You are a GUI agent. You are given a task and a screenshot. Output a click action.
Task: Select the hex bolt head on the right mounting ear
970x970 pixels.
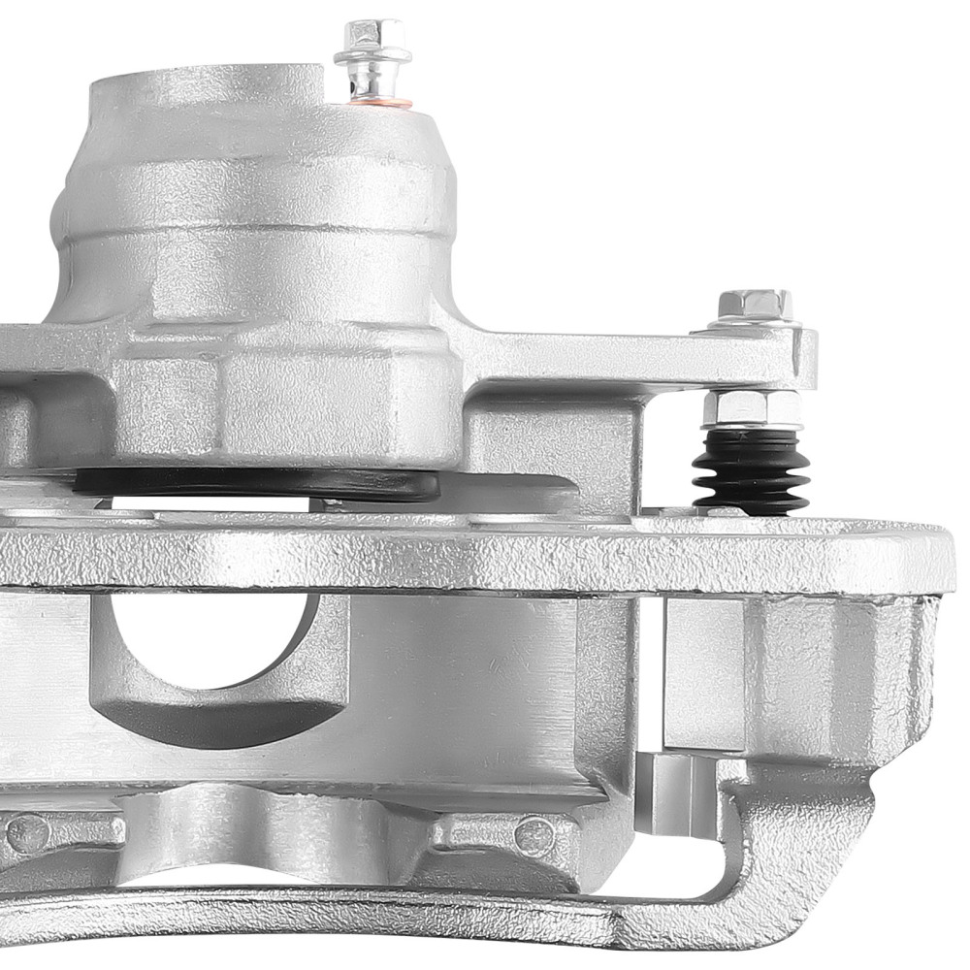click(x=755, y=307)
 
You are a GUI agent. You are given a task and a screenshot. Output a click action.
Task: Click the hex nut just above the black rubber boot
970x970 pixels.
click(x=751, y=408)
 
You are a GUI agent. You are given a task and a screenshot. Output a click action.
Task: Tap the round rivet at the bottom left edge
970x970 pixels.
click(x=26, y=832)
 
